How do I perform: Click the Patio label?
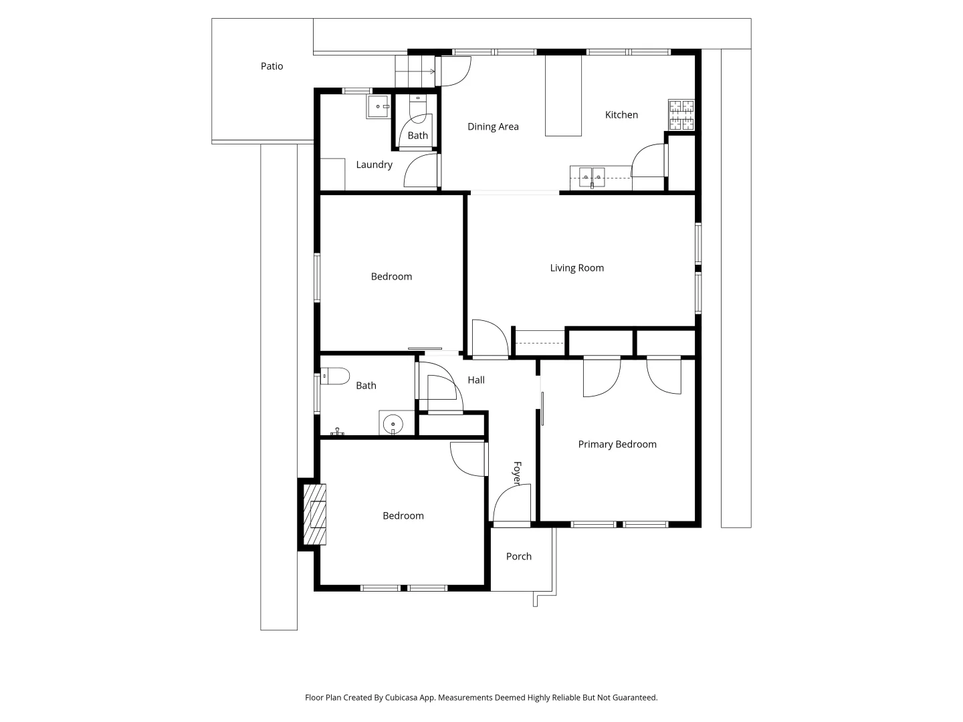click(x=272, y=66)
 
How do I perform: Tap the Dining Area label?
click(x=493, y=126)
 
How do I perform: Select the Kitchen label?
click(x=621, y=115)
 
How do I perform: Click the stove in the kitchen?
click(x=681, y=114)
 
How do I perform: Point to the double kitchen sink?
click(x=591, y=178)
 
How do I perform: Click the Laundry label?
click(x=374, y=164)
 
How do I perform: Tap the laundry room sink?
click(x=378, y=107)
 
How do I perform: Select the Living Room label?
click(x=576, y=268)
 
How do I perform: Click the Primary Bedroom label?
click(x=617, y=445)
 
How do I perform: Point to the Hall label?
click(x=476, y=380)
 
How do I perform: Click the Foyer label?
click(x=517, y=473)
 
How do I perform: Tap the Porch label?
click(x=519, y=556)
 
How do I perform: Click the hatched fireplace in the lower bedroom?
click(x=315, y=514)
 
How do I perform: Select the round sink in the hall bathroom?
click(x=393, y=423)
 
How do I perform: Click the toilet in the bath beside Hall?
click(x=335, y=376)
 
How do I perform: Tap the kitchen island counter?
click(x=563, y=96)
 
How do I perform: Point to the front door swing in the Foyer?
click(x=512, y=503)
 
